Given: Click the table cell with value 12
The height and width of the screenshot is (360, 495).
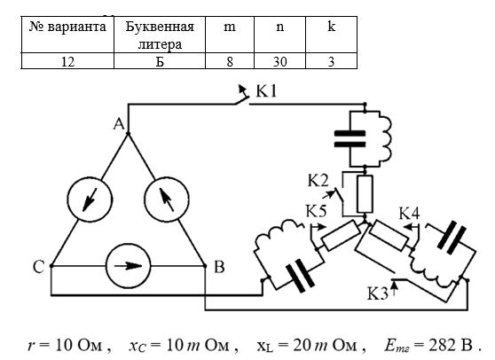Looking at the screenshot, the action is [67, 61].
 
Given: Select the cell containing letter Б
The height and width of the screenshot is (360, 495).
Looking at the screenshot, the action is [160, 61].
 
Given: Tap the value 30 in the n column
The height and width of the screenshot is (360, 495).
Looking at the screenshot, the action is [279, 61].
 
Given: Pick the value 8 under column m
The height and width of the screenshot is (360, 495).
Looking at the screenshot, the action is [230, 61].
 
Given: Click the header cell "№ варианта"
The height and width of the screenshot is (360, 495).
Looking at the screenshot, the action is [67, 35].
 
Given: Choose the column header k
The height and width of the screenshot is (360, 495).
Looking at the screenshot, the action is [332, 35].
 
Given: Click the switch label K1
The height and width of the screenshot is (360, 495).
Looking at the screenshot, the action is [266, 91].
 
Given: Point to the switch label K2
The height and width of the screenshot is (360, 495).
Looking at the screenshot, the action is [318, 181].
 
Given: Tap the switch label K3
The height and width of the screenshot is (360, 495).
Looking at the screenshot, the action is [377, 293].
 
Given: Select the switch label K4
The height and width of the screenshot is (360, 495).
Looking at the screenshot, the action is [410, 214].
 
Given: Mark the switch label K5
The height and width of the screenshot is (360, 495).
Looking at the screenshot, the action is [316, 211].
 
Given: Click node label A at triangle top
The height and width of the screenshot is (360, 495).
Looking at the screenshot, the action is [119, 124].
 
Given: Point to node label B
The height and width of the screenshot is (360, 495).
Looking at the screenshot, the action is [219, 267].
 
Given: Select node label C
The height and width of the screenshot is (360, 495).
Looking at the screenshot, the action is [38, 267].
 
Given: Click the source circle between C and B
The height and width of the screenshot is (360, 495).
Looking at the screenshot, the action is [128, 266].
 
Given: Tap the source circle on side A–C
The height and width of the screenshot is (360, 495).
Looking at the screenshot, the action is [90, 200].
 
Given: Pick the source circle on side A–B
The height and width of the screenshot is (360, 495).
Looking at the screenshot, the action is [167, 200].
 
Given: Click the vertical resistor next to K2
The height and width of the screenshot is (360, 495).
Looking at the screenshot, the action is [365, 194].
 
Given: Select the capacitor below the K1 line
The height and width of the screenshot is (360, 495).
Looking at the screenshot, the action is [350, 139].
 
